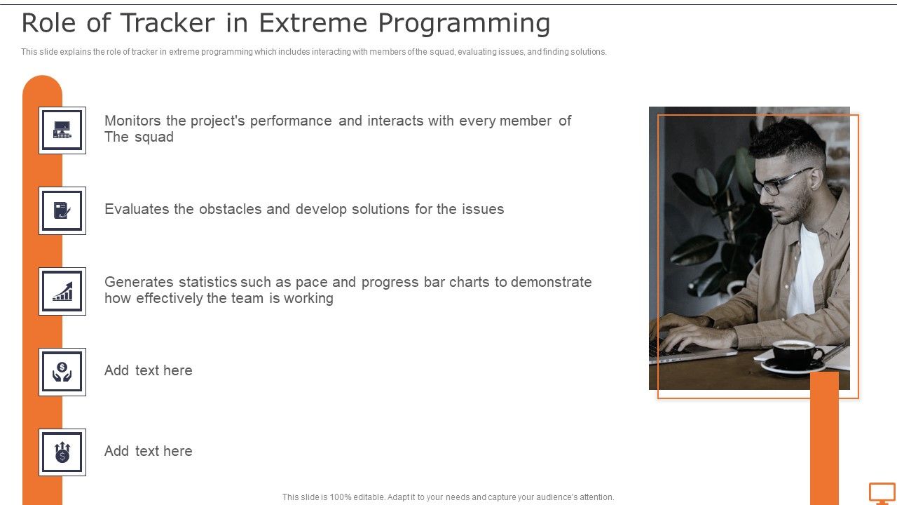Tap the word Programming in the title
464,24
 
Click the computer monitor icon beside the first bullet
62,130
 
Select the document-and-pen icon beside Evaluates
62,210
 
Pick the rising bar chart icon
62,291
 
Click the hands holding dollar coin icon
62,372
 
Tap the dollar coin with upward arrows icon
62,452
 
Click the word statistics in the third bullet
207,282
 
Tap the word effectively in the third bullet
169,298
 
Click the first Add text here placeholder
148,370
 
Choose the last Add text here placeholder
148,451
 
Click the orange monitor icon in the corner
882,492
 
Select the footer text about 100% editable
448,497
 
